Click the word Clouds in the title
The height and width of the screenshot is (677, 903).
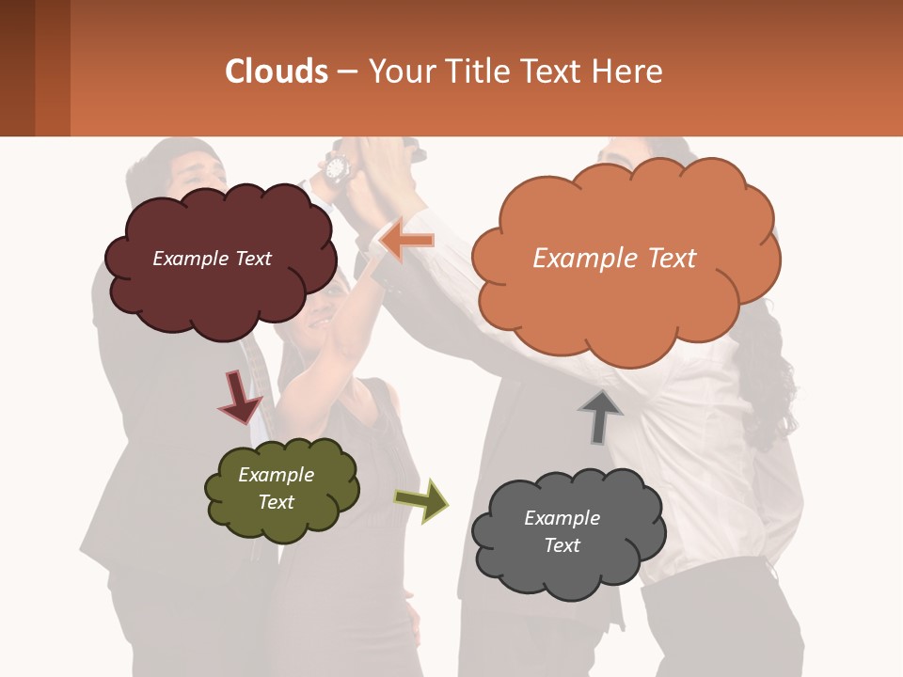[x=277, y=71]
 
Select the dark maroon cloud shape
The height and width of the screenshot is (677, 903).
[x=221, y=291]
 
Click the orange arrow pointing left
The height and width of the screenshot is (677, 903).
[x=406, y=241]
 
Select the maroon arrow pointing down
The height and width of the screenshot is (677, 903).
[x=239, y=397]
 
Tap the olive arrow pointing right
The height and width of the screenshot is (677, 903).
[x=421, y=499]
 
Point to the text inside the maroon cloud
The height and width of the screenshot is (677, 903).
[x=212, y=259]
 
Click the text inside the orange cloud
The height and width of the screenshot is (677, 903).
[x=614, y=258]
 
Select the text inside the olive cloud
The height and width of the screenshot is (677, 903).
[x=277, y=488]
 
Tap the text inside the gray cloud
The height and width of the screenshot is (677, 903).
[x=562, y=531]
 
